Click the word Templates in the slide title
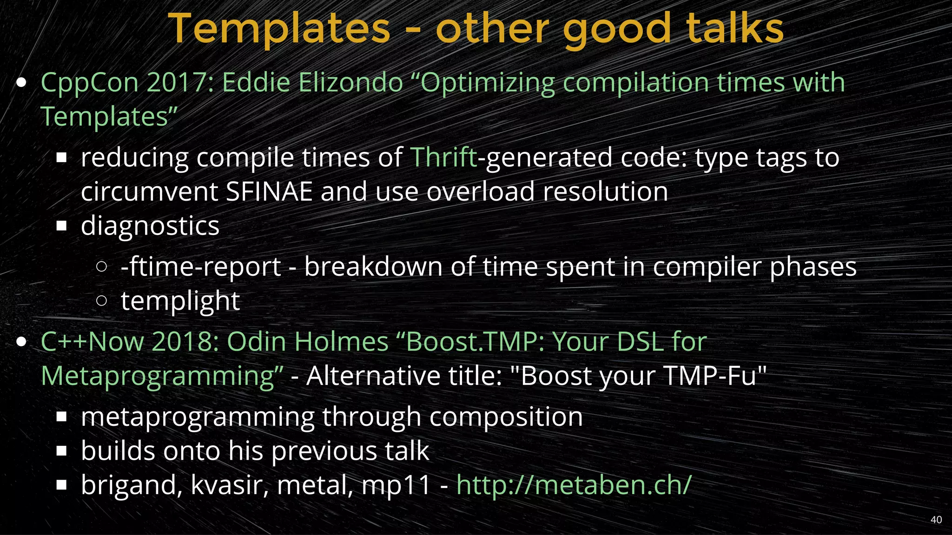tap(279, 29)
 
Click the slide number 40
tap(936, 520)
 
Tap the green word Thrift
tap(443, 157)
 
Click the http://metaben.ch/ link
tap(574, 485)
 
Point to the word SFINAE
tap(269, 191)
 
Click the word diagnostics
tap(150, 226)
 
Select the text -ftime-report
tap(201, 267)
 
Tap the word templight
tap(180, 301)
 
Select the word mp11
tap(397, 486)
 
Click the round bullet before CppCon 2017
tap(21, 83)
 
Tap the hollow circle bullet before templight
tap(101, 300)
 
